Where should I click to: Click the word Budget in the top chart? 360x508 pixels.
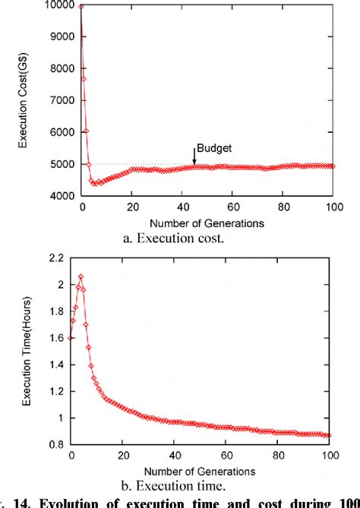coord(214,147)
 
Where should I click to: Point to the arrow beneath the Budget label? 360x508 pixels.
coord(194,158)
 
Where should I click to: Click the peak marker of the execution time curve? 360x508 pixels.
coord(81,277)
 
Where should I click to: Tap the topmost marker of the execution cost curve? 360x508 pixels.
coord(81,6)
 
